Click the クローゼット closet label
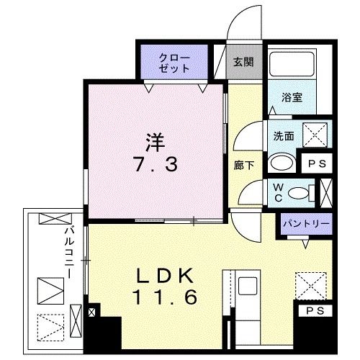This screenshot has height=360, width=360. [174, 63]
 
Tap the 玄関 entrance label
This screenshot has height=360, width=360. [240, 61]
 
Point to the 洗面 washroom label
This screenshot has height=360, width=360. [284, 135]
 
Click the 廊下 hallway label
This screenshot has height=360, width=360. [243, 164]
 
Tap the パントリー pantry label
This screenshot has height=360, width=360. [305, 225]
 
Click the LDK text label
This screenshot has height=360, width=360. [162, 276]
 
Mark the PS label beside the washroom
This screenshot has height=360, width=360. [316, 163]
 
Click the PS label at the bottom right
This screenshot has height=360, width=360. [315, 311]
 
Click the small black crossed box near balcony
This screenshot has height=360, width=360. [91, 314]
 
